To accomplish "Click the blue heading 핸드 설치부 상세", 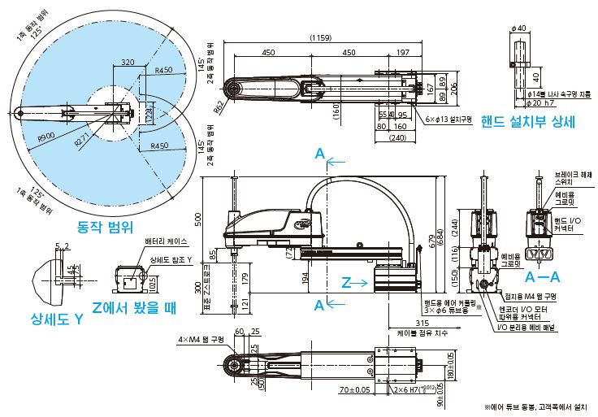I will coord(527,123).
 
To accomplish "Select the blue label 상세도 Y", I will coord(57,319).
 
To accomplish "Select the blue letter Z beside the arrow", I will coord(346,283).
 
